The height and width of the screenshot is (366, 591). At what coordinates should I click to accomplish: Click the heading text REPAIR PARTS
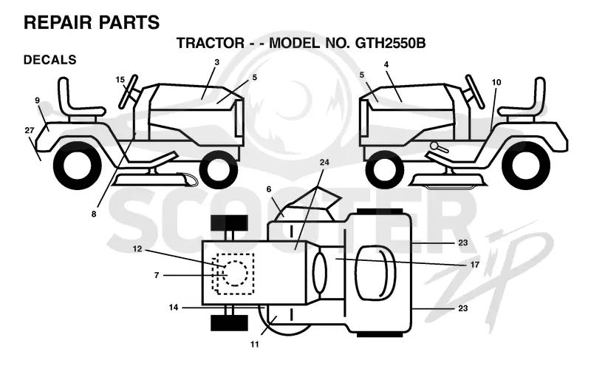[92, 22]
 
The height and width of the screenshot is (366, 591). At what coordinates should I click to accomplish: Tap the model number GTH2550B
[391, 43]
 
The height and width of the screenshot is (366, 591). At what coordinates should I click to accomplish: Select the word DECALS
[49, 60]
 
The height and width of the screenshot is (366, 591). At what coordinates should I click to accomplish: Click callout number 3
[216, 62]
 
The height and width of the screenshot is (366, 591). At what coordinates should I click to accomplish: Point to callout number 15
[120, 80]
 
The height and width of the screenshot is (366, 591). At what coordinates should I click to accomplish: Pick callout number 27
[30, 130]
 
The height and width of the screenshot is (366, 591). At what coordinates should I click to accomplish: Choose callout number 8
[94, 214]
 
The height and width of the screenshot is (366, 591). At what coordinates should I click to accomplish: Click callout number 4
[386, 64]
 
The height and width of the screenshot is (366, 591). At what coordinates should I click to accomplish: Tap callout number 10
[496, 82]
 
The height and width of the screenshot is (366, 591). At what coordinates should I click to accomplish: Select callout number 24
[324, 162]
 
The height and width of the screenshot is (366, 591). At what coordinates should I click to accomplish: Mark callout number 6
[269, 189]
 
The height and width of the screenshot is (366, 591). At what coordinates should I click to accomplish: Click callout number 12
[137, 249]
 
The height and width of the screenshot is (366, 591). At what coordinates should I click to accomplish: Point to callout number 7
[157, 276]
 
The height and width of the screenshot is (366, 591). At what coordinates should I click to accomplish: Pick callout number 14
[174, 308]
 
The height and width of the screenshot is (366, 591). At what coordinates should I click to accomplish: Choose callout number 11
[255, 344]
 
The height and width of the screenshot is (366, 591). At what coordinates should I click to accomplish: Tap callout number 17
[475, 265]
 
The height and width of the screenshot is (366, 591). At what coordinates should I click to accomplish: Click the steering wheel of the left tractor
[128, 91]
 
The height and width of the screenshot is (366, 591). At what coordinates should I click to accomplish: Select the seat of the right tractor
[523, 99]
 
